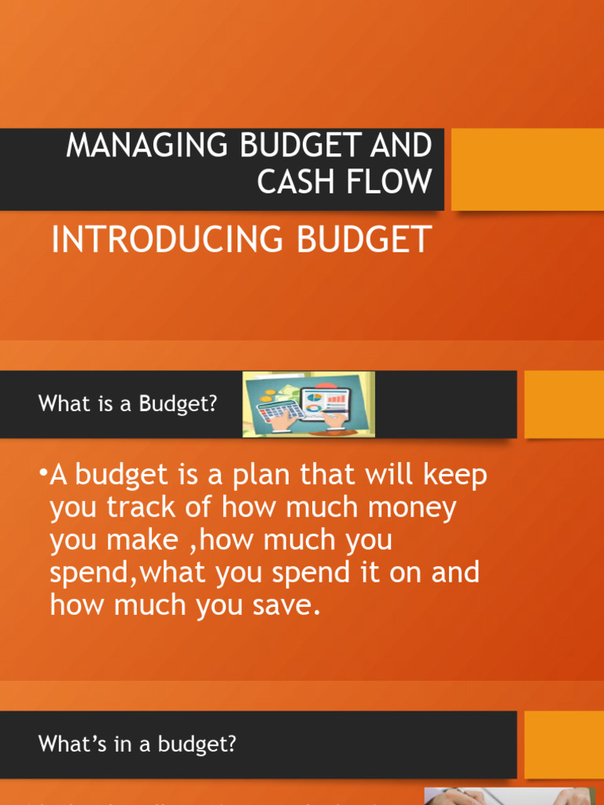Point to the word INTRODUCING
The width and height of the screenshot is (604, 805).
tap(168, 240)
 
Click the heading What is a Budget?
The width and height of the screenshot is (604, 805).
tap(127, 404)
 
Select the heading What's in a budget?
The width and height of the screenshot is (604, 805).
tap(137, 744)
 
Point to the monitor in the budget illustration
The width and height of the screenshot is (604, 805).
tap(335, 400)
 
